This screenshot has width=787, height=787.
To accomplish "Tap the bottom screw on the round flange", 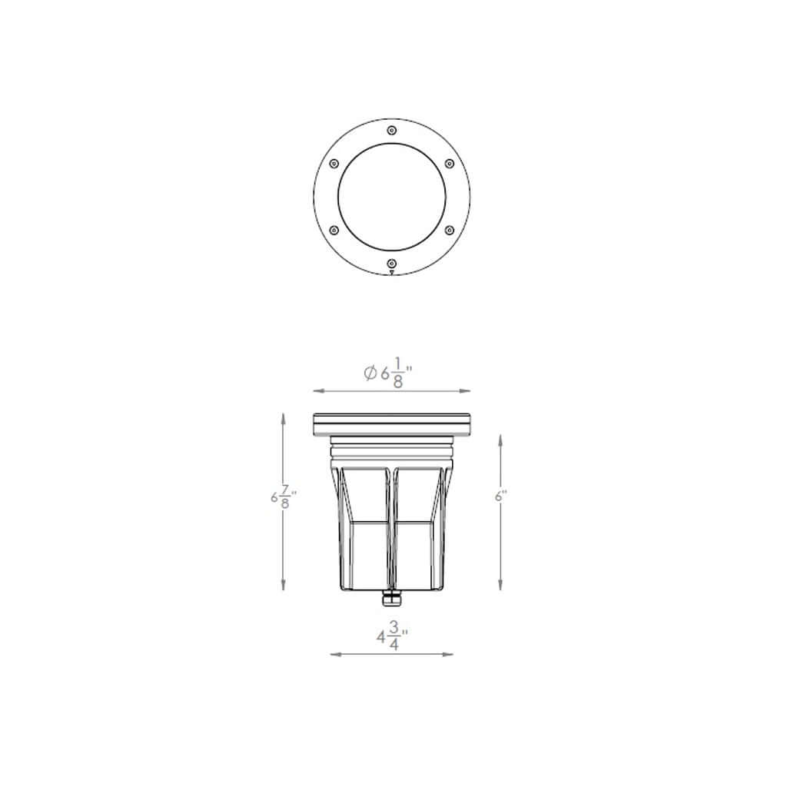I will [x=392, y=264].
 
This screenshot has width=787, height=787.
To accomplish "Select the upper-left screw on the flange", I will [x=334, y=163].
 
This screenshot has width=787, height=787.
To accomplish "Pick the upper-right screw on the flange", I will [x=450, y=163].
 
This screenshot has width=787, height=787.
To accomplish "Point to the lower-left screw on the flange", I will [x=334, y=230].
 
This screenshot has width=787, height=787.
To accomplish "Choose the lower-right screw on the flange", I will [x=450, y=230].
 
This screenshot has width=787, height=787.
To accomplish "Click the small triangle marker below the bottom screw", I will [x=392, y=272].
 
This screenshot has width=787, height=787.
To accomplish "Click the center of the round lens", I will [x=392, y=197].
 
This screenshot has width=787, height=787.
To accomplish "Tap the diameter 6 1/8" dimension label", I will [x=389, y=373].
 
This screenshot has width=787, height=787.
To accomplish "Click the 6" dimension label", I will [x=501, y=496].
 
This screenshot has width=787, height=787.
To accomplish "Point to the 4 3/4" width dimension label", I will [x=392, y=637].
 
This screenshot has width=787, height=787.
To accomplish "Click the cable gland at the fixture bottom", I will [x=392, y=597].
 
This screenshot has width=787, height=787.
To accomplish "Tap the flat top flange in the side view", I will [x=392, y=424].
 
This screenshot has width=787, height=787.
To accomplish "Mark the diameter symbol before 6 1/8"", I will [x=370, y=373].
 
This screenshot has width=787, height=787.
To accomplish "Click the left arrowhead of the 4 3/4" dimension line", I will [x=334, y=654].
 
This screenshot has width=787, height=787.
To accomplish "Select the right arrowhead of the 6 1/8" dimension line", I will [x=466, y=390].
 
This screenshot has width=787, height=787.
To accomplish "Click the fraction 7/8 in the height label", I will [x=286, y=497].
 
